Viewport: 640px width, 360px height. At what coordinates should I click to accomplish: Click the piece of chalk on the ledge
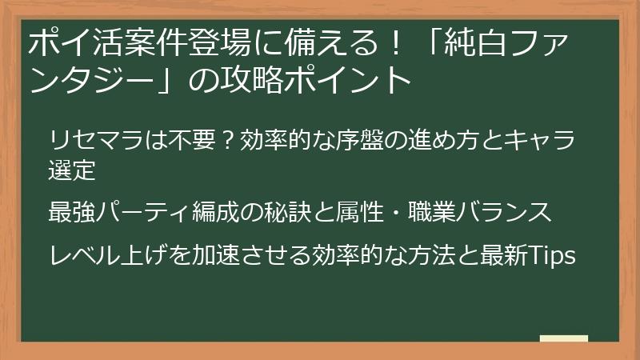[564, 339]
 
